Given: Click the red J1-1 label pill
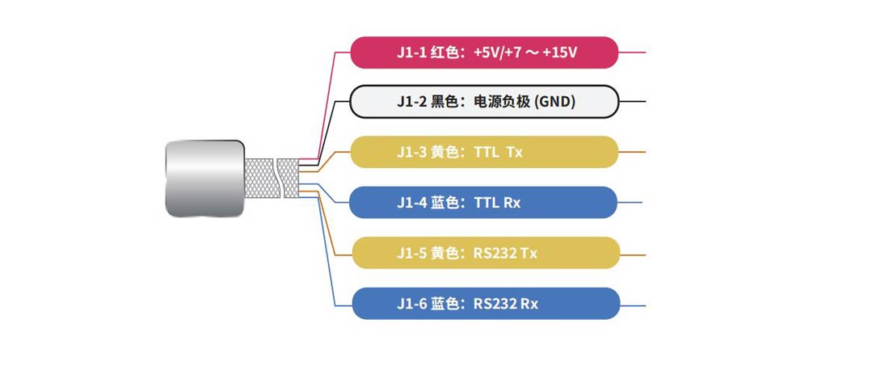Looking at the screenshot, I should (x=483, y=53).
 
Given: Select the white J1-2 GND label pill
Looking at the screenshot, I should (x=483, y=102).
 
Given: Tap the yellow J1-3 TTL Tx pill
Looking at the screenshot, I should (x=483, y=152).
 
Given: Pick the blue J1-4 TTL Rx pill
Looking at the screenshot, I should (x=483, y=202).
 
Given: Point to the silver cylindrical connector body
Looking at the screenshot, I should (x=204, y=178).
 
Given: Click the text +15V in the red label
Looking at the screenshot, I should (x=560, y=53).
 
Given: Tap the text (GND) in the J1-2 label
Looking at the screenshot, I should (x=555, y=102).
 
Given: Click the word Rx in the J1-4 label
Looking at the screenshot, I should (x=512, y=202).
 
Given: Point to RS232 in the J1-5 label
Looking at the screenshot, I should (x=495, y=253).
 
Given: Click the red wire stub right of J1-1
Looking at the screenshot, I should (x=632, y=53).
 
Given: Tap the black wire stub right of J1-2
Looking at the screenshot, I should (x=632, y=102).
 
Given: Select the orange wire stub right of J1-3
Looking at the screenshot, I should (x=632, y=152).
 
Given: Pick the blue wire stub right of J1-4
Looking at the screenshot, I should (x=630, y=202).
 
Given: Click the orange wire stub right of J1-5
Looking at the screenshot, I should (x=632, y=254).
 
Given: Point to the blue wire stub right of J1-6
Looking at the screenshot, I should (x=632, y=305).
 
